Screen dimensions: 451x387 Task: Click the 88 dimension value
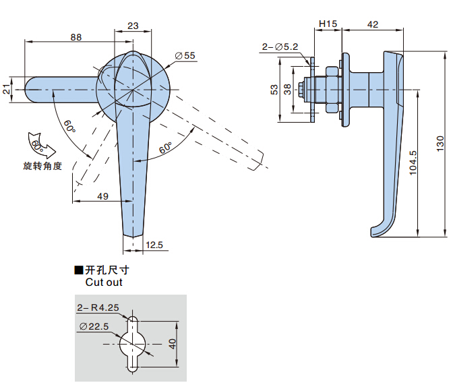pos(76,37)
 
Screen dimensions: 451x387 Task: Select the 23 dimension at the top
pos(133,26)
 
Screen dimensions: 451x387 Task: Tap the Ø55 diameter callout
pos(185,55)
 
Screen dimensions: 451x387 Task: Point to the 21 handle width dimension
pos(6,90)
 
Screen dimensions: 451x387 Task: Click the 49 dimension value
pos(102,196)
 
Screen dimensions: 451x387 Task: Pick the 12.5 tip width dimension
pos(154,245)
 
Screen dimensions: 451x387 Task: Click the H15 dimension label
pos(328,24)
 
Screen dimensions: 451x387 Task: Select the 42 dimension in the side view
pos(373,24)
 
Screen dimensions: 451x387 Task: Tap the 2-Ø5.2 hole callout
pos(280,47)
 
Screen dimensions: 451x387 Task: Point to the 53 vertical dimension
pos(274,90)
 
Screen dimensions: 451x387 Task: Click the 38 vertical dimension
pos(287,90)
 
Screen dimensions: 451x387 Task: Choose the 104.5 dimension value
pos(413,162)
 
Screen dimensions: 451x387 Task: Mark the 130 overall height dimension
pos(440,144)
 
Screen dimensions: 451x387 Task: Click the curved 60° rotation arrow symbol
pos(41,146)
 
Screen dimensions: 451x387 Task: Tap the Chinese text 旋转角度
pos(42,166)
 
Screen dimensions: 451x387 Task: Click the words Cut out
pos(104,282)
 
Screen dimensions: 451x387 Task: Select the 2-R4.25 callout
pos(98,307)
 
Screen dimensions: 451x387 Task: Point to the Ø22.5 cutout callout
pos(94,326)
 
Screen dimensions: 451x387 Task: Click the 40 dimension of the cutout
pos(173,344)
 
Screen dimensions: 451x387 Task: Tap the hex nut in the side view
pos(332,89)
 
